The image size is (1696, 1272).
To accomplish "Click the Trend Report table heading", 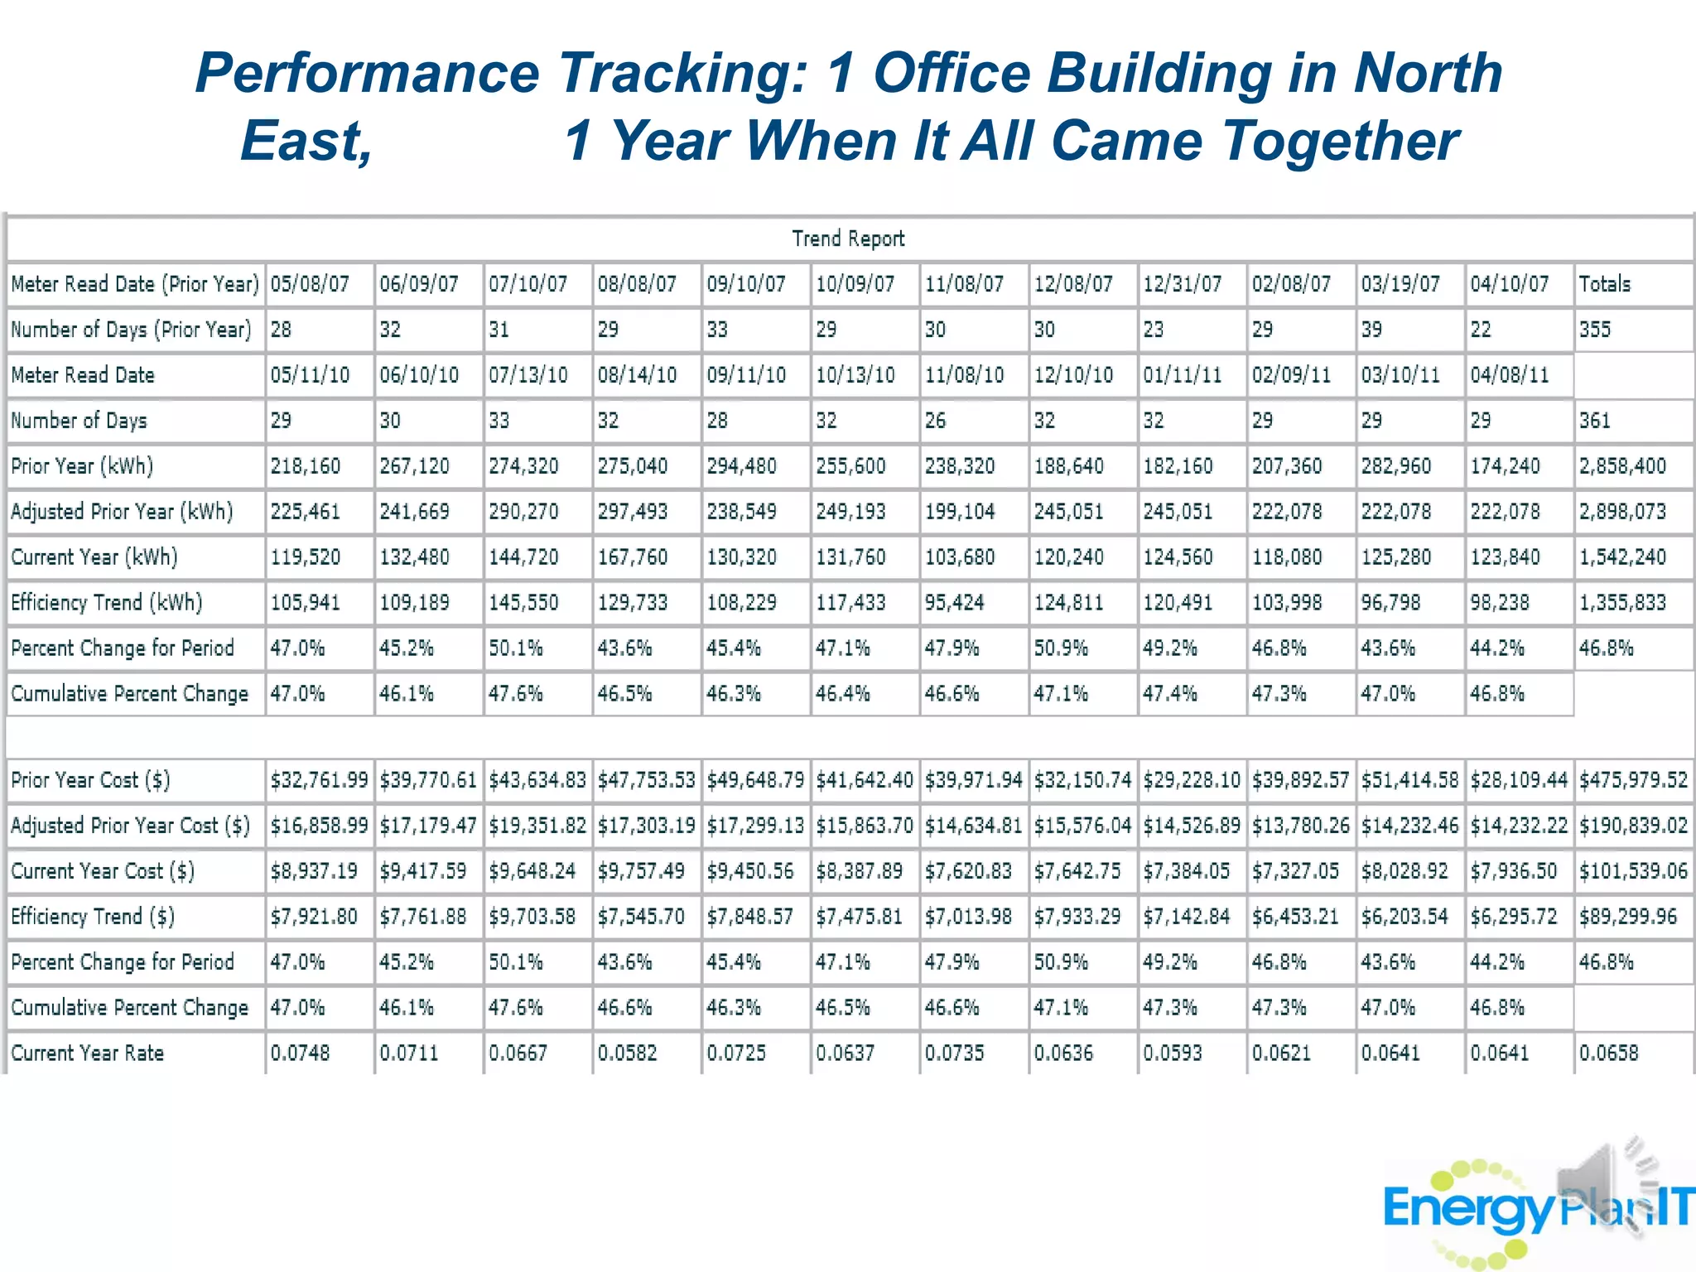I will [848, 239].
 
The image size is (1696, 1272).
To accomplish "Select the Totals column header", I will [1604, 285].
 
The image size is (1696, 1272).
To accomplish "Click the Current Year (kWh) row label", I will [94, 557].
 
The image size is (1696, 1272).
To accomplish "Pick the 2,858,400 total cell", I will [1621, 466].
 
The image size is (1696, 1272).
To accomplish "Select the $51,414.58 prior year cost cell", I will [1409, 780].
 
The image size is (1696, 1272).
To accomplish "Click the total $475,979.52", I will [1632, 780].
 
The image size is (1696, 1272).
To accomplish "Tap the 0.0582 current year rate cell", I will [627, 1053].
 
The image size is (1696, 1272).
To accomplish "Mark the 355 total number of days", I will [1594, 330].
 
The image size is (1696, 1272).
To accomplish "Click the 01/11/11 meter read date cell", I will [1182, 376].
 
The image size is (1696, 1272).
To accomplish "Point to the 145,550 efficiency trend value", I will [523, 603].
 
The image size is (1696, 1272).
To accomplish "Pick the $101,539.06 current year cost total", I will [1632, 871].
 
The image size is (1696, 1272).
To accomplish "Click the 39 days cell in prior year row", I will [1371, 330].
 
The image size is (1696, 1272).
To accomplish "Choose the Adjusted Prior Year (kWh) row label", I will [122, 512].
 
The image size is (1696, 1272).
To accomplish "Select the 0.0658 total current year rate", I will [1608, 1053].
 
